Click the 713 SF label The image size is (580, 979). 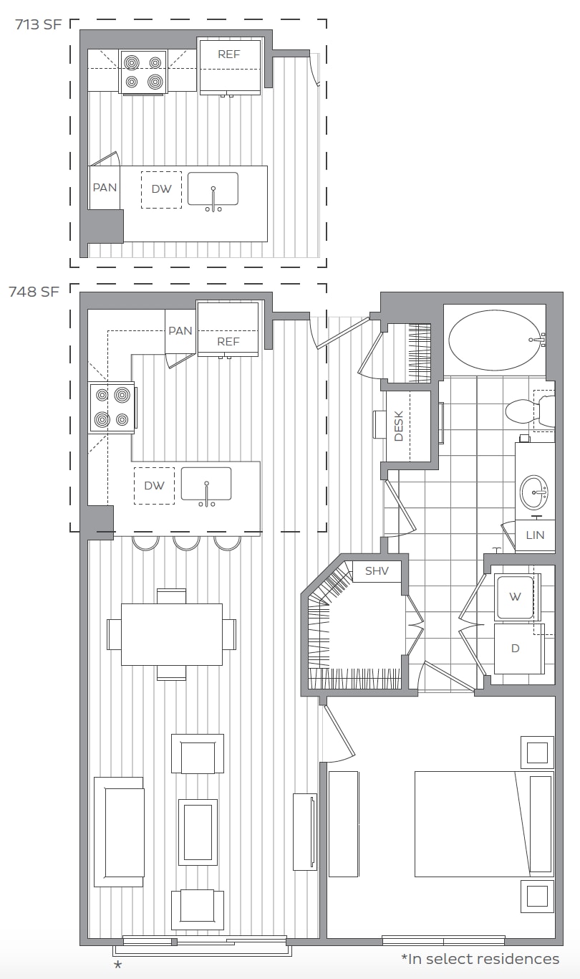tap(39, 24)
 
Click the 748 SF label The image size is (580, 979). tap(34, 292)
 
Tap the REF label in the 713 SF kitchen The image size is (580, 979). tap(229, 54)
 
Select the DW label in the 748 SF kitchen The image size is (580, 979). tap(154, 486)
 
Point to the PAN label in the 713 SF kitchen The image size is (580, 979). tap(105, 188)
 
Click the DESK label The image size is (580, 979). tap(398, 426)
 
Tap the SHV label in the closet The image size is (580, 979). tap(377, 570)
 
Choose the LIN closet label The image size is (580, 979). tap(535, 535)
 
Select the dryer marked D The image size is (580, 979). tap(519, 649)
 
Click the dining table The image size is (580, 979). tap(172, 634)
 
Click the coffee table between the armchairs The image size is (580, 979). tap(198, 832)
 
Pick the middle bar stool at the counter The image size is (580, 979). tap(186, 543)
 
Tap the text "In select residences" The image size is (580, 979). tap(483, 959)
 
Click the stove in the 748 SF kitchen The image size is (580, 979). tap(112, 408)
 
